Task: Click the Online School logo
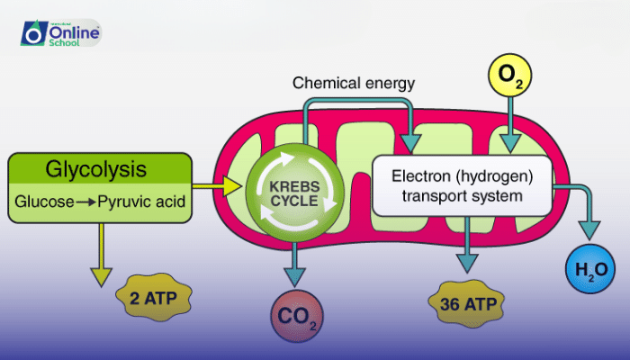[60, 34]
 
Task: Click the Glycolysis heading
[98, 169]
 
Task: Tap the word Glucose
[45, 202]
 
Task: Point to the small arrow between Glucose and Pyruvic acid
[85, 202]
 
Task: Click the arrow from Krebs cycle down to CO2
[293, 256]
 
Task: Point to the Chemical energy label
[353, 84]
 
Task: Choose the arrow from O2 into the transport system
[509, 126]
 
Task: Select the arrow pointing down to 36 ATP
[466, 247]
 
